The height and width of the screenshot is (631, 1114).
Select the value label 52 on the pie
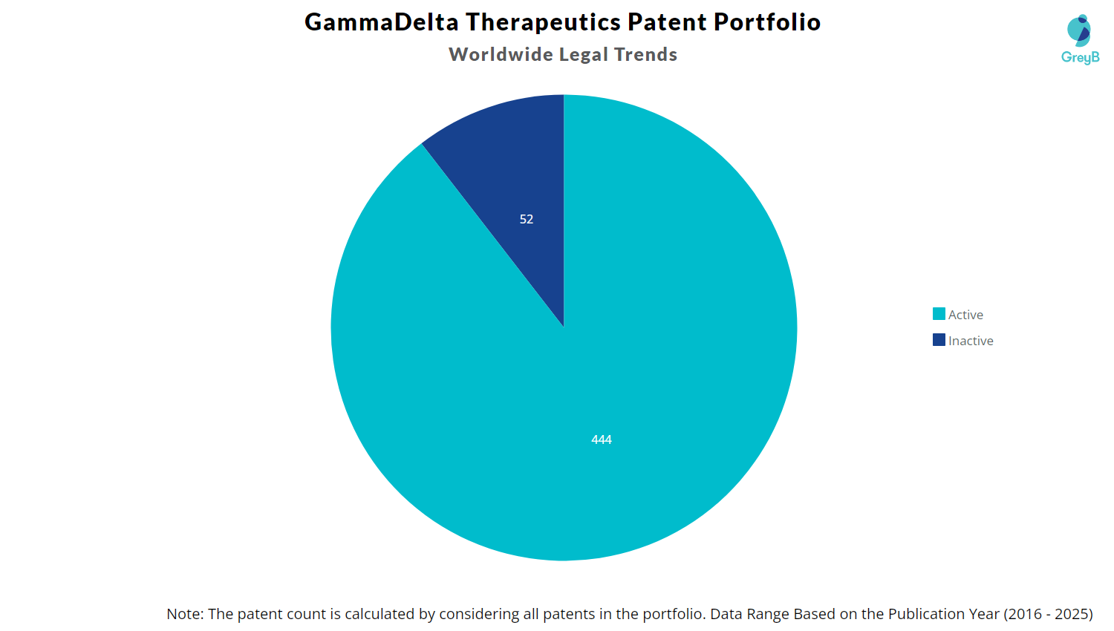pyautogui.click(x=527, y=219)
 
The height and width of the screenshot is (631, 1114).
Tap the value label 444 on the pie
pyautogui.click(x=602, y=439)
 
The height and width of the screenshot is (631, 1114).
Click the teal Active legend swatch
pyautogui.click(x=939, y=314)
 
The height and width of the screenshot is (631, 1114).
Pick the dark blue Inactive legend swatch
pyautogui.click(x=939, y=340)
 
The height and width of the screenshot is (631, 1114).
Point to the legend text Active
pyautogui.click(x=965, y=315)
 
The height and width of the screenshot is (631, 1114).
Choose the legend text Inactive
pyautogui.click(x=971, y=341)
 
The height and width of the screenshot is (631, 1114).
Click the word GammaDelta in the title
pyautogui.click(x=382, y=22)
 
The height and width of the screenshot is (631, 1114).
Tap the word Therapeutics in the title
pyautogui.click(x=543, y=22)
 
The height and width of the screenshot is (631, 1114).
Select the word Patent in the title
pyautogui.click(x=667, y=22)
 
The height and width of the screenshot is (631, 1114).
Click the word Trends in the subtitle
pyautogui.click(x=645, y=54)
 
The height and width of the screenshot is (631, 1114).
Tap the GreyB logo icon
pyautogui.click(x=1079, y=30)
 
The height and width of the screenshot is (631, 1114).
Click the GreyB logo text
pyautogui.click(x=1080, y=57)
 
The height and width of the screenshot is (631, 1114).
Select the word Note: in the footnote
pyautogui.click(x=185, y=614)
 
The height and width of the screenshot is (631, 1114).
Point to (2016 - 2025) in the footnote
pyautogui.click(x=1048, y=614)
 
